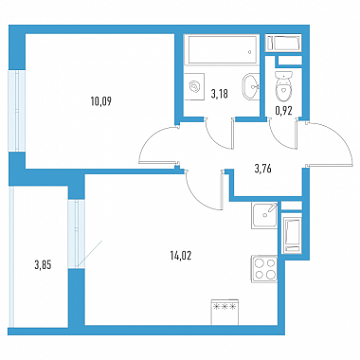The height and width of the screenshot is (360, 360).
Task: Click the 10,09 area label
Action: [101, 101]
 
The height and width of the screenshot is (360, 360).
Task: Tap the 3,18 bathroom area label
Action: [219, 94]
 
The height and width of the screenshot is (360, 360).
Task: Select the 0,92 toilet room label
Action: [283, 111]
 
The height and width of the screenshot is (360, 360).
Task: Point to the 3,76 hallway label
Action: [262, 169]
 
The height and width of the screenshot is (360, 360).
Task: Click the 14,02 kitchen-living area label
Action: [181, 256]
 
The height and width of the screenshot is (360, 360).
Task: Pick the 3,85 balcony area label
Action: [43, 265]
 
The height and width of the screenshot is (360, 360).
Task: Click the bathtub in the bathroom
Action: [221, 49]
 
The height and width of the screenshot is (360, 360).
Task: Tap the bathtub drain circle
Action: [250, 52]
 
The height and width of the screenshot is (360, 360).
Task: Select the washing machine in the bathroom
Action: [194, 86]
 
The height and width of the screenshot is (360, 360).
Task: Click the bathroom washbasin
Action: [251, 86]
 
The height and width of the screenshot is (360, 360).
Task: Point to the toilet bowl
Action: [283, 84]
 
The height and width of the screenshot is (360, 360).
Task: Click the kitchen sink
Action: [264, 215]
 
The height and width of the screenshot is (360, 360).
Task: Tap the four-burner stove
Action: [264, 269]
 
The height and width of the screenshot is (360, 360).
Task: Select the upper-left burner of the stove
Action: [259, 263]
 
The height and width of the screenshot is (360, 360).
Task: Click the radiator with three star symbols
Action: [225, 312]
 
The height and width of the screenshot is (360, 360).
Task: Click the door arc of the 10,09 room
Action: [148, 139]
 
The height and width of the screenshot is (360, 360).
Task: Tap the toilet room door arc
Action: [278, 139]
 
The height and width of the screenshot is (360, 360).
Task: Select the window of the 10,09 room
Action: [16, 111]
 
